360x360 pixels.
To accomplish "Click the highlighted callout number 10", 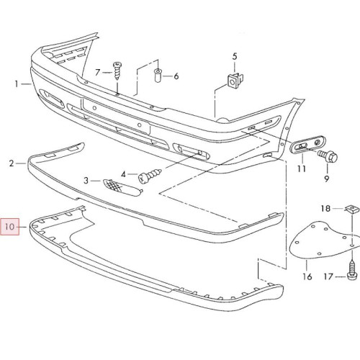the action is (x=9, y=227).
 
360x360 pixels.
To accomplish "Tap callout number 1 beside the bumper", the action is (x=17, y=84).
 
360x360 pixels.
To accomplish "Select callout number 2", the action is (x=12, y=163).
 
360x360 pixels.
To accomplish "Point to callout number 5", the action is (x=235, y=57).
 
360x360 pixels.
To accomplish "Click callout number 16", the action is (x=307, y=276).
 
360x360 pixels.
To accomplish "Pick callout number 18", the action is (x=325, y=209).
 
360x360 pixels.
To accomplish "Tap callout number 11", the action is (x=302, y=168).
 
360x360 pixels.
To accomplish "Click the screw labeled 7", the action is (x=117, y=71).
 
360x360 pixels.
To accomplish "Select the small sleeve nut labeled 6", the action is (x=158, y=75).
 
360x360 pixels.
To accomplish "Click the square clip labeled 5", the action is (x=234, y=80).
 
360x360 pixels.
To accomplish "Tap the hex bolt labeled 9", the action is (x=328, y=156).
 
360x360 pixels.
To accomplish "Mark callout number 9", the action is (x=326, y=179).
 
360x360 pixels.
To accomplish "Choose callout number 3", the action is (x=86, y=180).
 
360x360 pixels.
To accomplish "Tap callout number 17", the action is (x=328, y=276).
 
